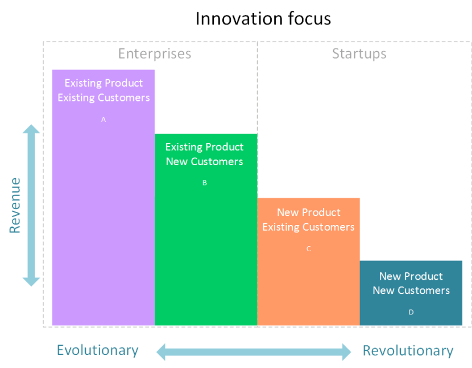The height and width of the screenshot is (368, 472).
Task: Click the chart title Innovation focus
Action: (x=263, y=18)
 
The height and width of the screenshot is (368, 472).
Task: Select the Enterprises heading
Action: (x=155, y=54)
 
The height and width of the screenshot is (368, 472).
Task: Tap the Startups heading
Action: (x=359, y=54)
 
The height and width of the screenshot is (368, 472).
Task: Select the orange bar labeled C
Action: (x=308, y=285)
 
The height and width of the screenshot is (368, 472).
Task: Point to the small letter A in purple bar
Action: (x=103, y=120)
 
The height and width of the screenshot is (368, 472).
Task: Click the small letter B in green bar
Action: (x=205, y=183)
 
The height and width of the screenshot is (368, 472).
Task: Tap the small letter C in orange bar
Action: (x=308, y=249)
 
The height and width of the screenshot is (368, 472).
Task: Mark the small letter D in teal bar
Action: (x=411, y=312)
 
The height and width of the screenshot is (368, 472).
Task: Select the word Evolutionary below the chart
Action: (x=97, y=350)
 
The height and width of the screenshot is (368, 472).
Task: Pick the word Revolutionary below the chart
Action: (x=408, y=350)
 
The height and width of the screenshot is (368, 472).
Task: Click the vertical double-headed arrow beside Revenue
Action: (x=31, y=206)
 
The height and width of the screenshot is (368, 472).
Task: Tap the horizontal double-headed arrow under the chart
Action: (x=254, y=351)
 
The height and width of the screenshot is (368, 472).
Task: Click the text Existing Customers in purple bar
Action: (x=103, y=97)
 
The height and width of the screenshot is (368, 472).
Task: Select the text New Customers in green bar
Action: (x=204, y=161)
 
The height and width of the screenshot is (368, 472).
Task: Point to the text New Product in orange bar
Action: (x=308, y=212)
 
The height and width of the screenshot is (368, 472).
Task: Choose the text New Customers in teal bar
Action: (x=411, y=291)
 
